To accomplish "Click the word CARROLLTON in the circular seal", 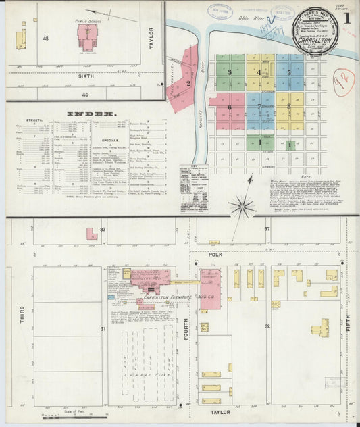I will [313, 39].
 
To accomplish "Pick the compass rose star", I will [240, 206].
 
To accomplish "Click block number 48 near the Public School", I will [46, 39].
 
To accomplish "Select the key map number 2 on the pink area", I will [189, 84].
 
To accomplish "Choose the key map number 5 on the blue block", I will [289, 72].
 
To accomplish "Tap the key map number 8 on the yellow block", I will [289, 107].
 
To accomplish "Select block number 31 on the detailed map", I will [103, 329].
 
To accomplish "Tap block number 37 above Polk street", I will [267, 229].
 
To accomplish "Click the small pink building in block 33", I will [91, 234].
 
